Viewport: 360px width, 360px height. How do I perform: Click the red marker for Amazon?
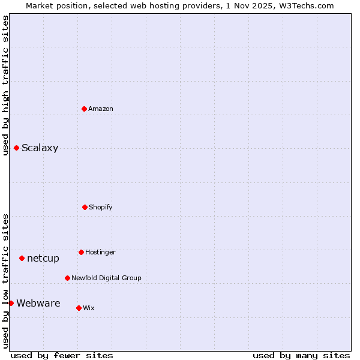(x=84, y=109)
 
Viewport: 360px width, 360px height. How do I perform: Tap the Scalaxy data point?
(x=16, y=148)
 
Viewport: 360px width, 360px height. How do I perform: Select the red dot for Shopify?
(x=85, y=207)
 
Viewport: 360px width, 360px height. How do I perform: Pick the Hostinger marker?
(x=81, y=252)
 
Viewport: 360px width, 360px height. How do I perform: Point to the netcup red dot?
(x=22, y=258)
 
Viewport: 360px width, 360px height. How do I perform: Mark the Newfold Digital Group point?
(x=67, y=278)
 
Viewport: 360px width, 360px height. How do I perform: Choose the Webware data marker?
(x=11, y=303)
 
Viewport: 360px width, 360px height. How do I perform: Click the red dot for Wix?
(x=79, y=308)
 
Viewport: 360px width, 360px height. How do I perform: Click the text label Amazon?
(x=101, y=109)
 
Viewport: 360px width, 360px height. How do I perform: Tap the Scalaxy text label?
(x=40, y=148)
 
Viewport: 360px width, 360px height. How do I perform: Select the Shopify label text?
(x=101, y=207)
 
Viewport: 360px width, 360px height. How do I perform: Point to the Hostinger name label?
(x=100, y=252)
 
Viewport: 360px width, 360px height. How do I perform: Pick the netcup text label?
(x=43, y=259)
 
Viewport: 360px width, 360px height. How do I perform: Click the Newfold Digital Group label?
(x=106, y=278)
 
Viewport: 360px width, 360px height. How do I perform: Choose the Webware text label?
(x=38, y=304)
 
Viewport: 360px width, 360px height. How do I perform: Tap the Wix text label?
(x=89, y=308)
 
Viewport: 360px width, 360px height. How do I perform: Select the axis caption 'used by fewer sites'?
(x=62, y=355)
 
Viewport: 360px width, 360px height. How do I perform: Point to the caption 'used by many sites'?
(x=301, y=355)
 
